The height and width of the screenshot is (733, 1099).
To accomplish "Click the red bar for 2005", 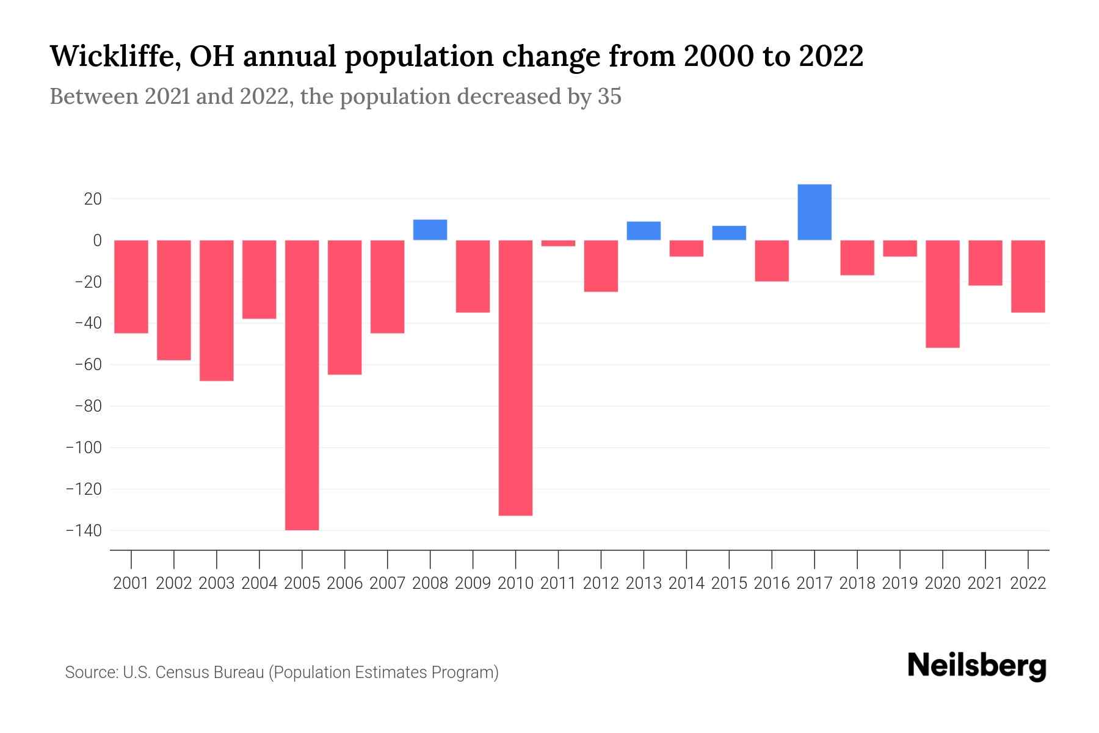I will point(302,385).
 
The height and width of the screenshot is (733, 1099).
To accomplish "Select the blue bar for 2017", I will point(814,212).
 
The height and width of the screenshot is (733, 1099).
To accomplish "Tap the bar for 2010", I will point(515,377).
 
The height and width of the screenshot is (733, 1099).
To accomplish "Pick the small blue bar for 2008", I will point(430,230).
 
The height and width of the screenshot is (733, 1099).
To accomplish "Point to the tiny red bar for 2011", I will point(558,243).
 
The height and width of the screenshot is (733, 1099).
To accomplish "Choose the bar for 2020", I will point(942,294).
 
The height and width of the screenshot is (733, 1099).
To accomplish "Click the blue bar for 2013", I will point(644,231).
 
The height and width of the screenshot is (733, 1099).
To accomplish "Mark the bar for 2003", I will point(217,310).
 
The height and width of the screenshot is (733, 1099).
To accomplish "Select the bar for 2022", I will point(1028,276).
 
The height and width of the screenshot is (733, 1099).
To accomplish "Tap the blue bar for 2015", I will point(729,233).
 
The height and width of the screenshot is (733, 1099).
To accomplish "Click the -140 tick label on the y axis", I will point(84,531).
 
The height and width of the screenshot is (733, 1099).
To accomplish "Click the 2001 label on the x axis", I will point(131,583).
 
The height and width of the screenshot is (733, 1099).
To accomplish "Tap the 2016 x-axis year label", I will point(772,583).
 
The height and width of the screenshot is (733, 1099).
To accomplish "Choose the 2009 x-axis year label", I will point(473,583).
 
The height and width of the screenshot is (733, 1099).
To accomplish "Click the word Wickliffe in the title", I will point(114,56).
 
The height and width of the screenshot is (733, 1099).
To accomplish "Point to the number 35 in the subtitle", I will point(609,97).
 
